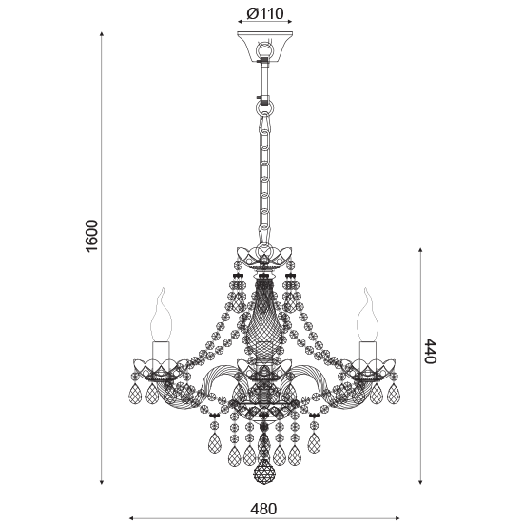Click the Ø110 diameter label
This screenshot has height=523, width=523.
point(265,13)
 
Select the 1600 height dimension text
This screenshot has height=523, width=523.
point(92,236)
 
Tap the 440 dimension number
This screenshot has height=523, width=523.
point(430,351)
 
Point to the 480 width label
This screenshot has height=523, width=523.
point(263,509)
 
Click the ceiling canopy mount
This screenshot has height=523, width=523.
point(265,47)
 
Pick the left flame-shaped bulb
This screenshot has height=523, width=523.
point(162,315)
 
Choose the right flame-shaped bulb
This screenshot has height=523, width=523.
point(368,315)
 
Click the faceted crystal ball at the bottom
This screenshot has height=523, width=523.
point(263,472)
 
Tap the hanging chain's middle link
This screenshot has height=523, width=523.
point(265,181)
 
